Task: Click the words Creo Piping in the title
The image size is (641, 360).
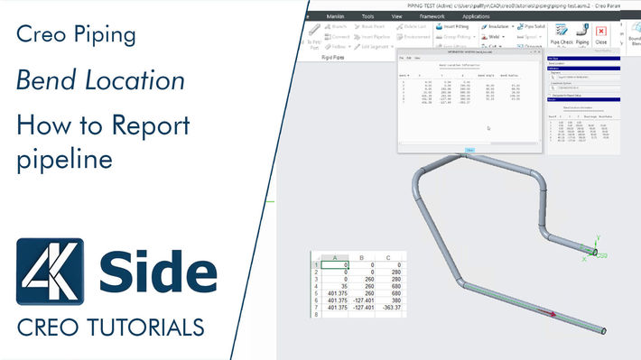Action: click(x=77, y=36)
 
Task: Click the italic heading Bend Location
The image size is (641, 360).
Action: click(x=100, y=80)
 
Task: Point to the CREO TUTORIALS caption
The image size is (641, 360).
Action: click(x=110, y=324)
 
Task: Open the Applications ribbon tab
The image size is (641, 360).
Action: click(x=475, y=16)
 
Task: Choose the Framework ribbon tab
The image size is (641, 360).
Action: click(x=432, y=16)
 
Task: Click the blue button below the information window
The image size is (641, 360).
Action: click(x=469, y=150)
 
